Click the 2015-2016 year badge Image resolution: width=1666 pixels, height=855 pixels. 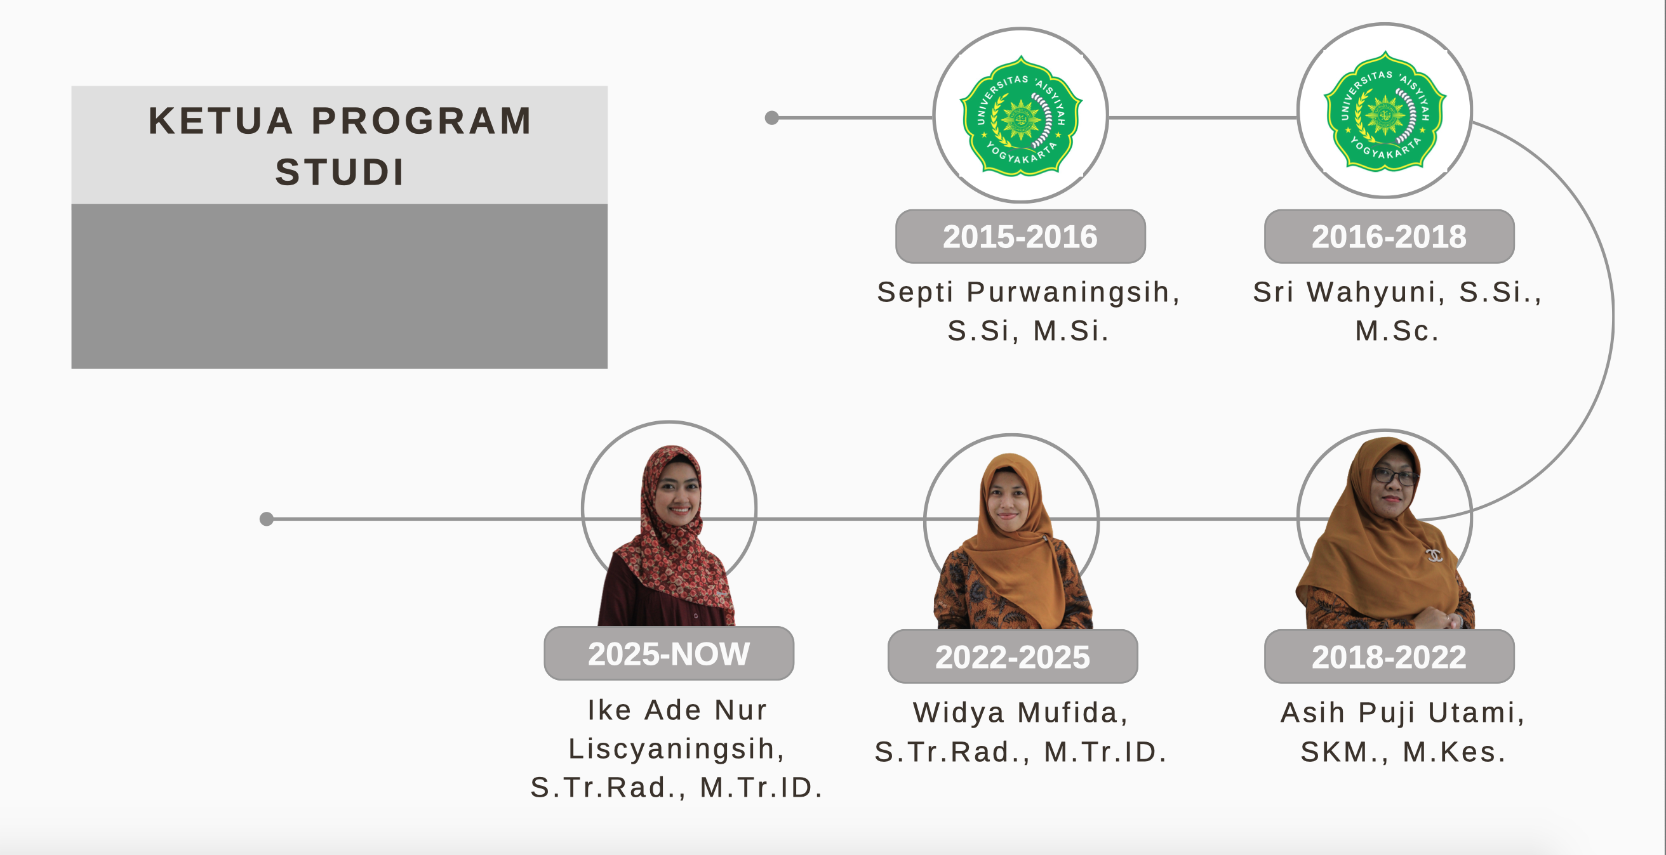coord(1020,237)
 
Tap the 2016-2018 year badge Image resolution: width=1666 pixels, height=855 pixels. coord(1389,237)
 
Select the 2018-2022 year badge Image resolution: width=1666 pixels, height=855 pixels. coord(1389,656)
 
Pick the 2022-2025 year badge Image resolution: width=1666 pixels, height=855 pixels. coord(1012,656)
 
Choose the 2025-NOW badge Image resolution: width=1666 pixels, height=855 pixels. coord(669,653)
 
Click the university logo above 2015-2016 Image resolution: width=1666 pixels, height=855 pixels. coord(1020,115)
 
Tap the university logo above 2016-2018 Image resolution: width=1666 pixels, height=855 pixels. coord(1385,111)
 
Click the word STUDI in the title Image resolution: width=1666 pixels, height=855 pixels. coord(340,172)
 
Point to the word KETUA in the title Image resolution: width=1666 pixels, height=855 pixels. coord(220,121)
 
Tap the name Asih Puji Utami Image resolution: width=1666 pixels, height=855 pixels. coord(1397,713)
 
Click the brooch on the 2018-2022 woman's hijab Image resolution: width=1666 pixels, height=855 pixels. coord(1434,554)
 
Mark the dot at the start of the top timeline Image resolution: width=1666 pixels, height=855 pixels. coord(771,117)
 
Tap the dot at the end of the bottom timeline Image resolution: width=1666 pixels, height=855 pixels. coord(267,519)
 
